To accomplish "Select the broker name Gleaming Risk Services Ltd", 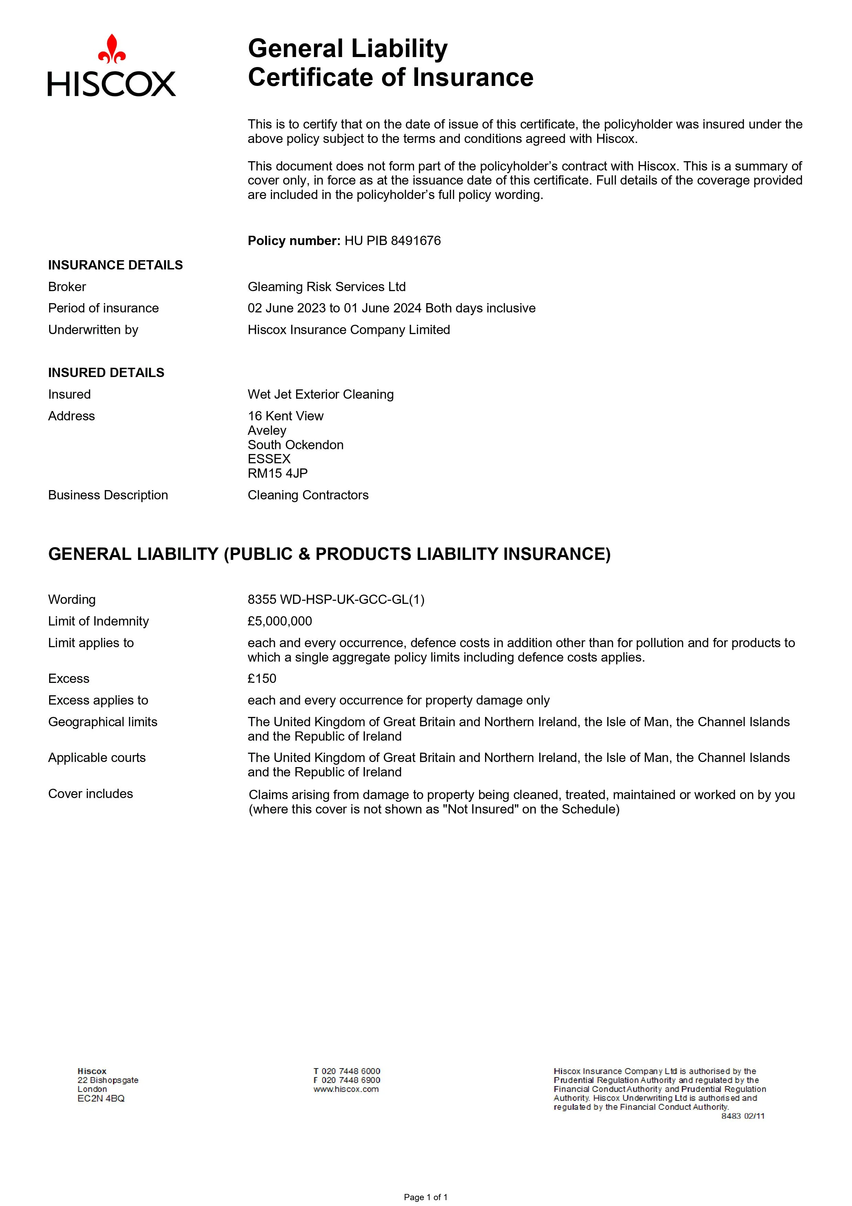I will click(326, 287).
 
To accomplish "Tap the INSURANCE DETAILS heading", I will click(115, 265).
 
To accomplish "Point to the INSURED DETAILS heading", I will click(106, 373).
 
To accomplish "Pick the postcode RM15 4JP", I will click(278, 473).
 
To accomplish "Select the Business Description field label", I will click(108, 495).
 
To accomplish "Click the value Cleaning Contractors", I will click(308, 495).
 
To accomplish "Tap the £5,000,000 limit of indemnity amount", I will click(280, 621).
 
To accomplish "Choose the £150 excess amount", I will click(262, 679).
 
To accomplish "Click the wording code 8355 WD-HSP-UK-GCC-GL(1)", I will click(336, 600).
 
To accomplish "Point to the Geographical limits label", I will click(103, 722).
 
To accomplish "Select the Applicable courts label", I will click(97, 758).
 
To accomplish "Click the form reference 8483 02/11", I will click(743, 1116).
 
